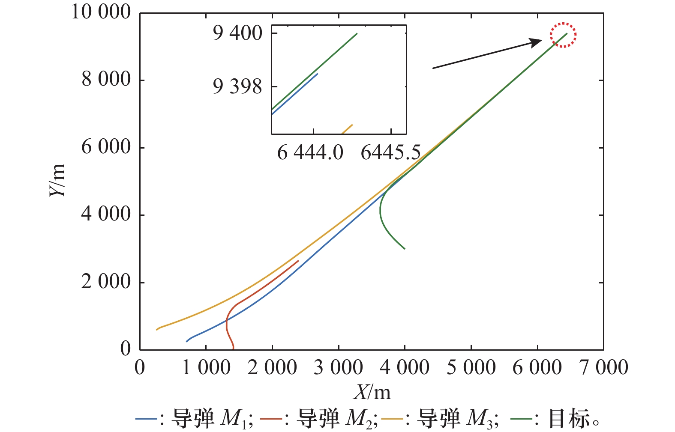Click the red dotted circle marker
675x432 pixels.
click(563, 35)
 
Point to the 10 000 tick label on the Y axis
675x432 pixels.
click(101, 12)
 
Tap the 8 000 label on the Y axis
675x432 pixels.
click(106, 80)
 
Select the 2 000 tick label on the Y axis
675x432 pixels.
click(106, 282)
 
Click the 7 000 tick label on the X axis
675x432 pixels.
click(604, 368)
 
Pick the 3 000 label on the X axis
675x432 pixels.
click(338, 368)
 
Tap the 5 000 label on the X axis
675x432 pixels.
click(471, 368)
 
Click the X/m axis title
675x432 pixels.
click(372, 392)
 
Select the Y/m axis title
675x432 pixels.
click(58, 180)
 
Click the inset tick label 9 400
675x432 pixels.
click(237, 33)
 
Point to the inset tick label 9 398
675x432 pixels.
click(237, 87)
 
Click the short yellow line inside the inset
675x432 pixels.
click(347, 129)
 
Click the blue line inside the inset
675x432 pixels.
click(296, 94)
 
